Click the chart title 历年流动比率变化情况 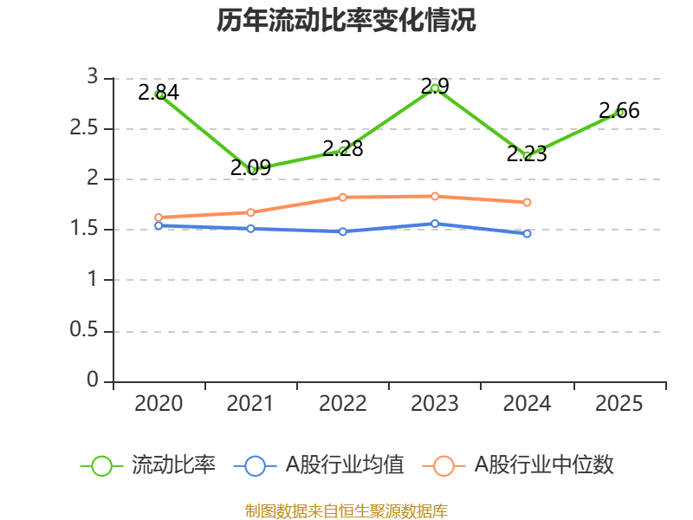click(346, 21)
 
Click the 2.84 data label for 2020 click(159, 91)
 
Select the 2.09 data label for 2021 click(250, 167)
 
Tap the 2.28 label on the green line click(342, 148)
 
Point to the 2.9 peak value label click(435, 86)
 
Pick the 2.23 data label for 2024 click(527, 154)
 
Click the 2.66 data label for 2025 click(619, 110)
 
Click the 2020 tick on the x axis click(159, 403)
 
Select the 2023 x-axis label click(435, 403)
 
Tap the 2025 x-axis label click(619, 403)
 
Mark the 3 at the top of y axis click(92, 78)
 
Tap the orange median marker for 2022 click(342, 197)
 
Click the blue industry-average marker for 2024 click(527, 234)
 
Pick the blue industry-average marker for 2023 click(435, 224)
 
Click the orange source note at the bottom click(346, 510)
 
